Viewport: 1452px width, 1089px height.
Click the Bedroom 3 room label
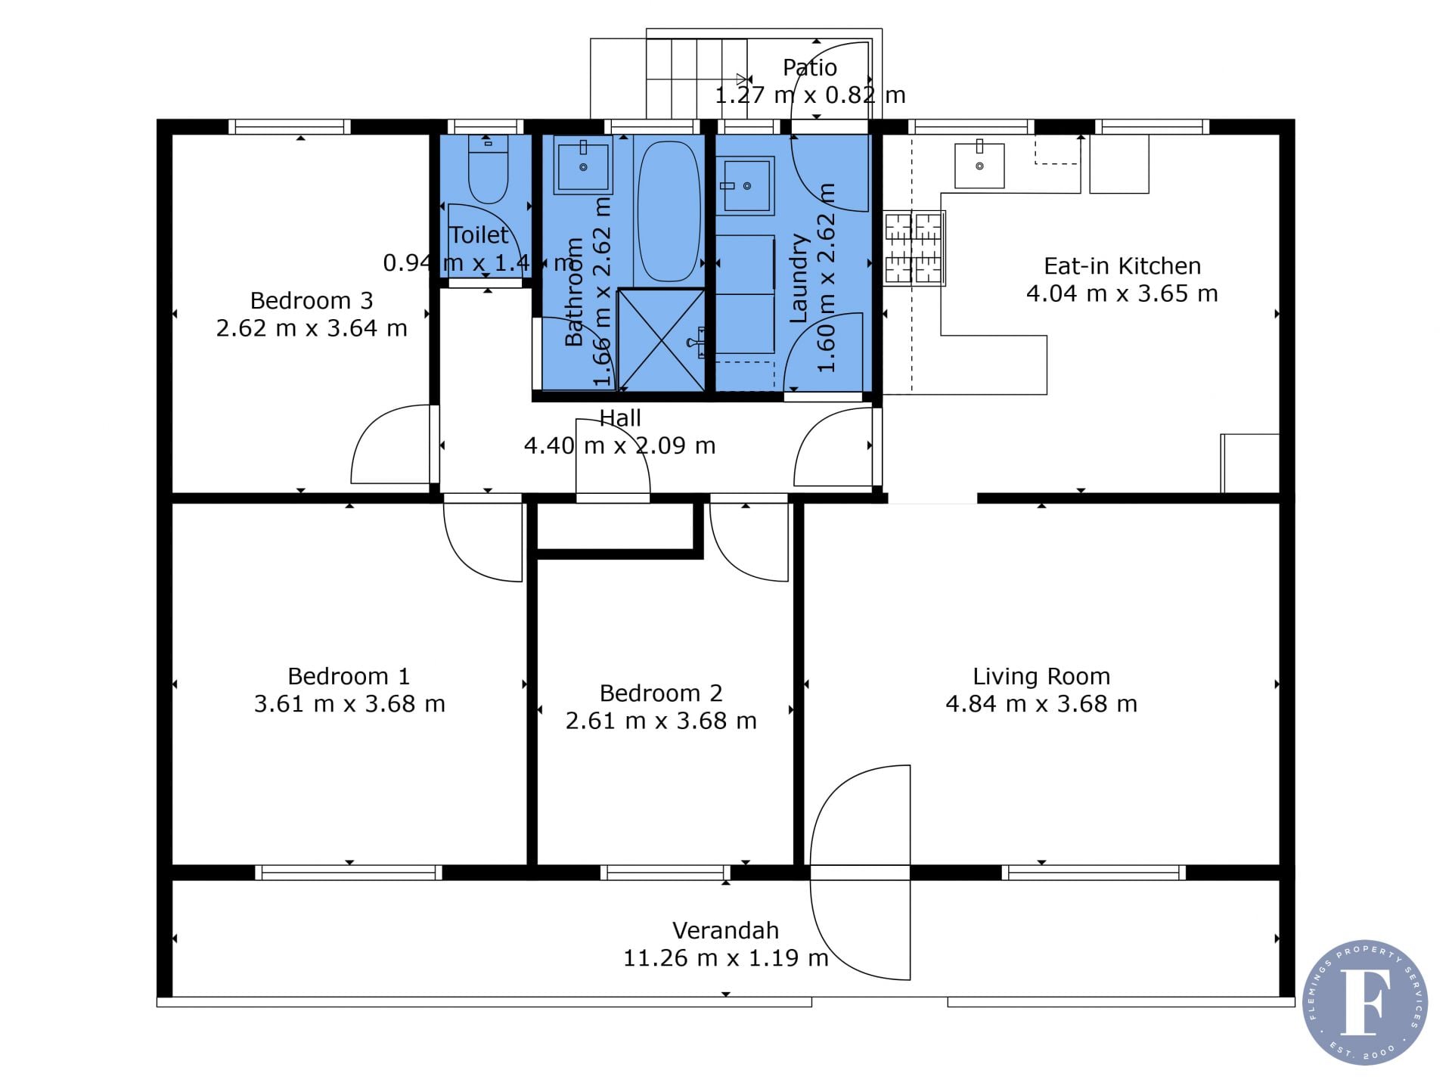[312, 301]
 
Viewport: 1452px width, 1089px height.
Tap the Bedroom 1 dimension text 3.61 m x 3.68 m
[349, 704]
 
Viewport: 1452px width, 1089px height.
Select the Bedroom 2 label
[661, 693]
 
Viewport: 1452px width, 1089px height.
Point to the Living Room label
[1041, 677]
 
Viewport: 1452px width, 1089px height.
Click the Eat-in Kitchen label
[1122, 266]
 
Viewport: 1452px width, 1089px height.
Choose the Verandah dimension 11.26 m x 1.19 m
[726, 958]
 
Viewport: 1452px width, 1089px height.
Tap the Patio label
[810, 68]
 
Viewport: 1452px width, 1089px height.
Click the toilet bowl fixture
[488, 169]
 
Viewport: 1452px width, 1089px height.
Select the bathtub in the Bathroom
[668, 212]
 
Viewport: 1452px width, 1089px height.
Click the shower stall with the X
[661, 340]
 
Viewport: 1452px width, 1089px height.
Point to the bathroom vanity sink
[583, 165]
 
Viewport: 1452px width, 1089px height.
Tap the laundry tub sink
[745, 186]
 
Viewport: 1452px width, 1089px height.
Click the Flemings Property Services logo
[1365, 1003]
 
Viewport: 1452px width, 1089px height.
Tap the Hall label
[620, 418]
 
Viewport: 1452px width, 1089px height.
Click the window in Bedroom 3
[290, 126]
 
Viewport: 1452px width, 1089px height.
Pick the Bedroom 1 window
[349, 873]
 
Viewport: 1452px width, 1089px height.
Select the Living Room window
[1094, 873]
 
